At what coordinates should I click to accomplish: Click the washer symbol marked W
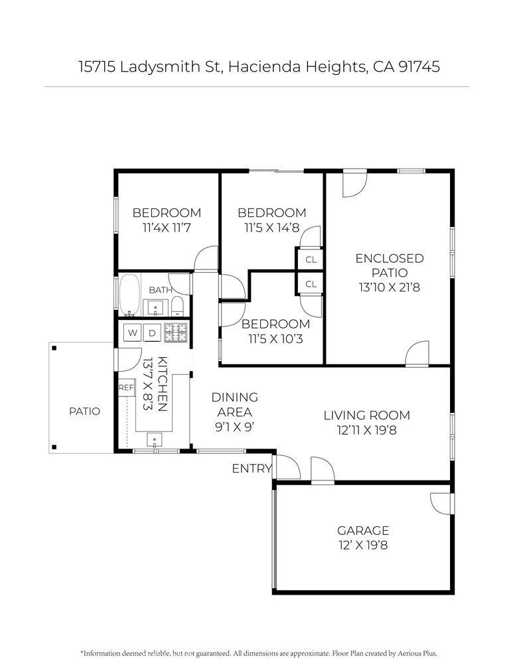(132, 333)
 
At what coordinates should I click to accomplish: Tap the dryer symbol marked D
(152, 333)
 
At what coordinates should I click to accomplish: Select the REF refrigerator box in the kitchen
(126, 388)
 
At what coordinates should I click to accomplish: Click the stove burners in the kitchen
(176, 333)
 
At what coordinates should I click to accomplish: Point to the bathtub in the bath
(129, 295)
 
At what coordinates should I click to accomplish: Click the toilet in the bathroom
(177, 307)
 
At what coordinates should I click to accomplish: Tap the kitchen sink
(154, 440)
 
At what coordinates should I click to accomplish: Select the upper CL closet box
(311, 259)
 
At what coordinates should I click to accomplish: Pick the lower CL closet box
(311, 284)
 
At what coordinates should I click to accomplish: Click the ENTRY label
(252, 469)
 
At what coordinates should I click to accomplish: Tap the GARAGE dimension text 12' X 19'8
(364, 546)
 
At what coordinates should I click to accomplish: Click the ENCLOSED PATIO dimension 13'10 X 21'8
(390, 287)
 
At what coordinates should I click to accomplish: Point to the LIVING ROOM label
(367, 415)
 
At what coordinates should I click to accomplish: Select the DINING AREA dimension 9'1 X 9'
(235, 427)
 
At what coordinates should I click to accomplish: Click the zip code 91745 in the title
(419, 67)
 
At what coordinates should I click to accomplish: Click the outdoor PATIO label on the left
(84, 411)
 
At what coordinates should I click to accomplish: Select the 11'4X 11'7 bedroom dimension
(167, 228)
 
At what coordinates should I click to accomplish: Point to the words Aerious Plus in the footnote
(417, 653)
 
